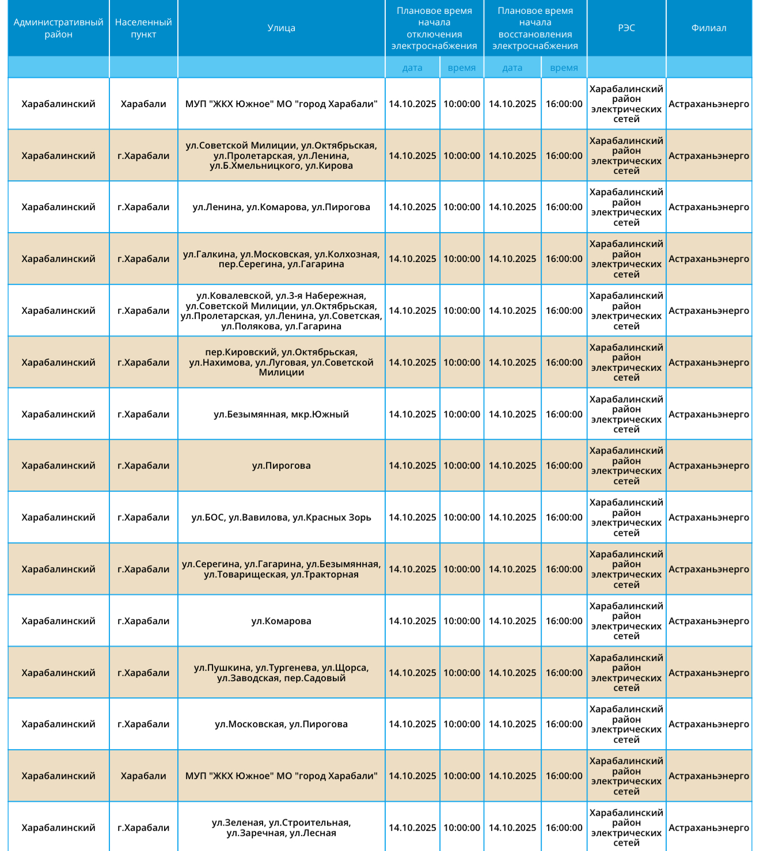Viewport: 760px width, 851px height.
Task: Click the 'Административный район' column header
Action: (x=58, y=28)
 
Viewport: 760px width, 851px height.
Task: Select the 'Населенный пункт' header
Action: (x=143, y=28)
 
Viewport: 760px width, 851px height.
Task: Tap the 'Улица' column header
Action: (x=281, y=28)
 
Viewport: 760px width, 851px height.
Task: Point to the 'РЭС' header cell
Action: (x=626, y=28)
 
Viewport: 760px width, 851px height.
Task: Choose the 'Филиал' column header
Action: (x=709, y=28)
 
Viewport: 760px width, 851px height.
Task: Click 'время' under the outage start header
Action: (x=462, y=68)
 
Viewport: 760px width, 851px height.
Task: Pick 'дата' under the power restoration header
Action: (x=512, y=68)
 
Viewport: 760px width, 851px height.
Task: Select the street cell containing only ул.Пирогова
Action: (x=281, y=466)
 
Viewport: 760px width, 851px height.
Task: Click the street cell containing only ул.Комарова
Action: (x=281, y=621)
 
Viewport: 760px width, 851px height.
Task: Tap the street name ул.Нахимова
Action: (x=221, y=363)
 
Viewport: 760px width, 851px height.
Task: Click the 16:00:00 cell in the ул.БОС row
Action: (x=564, y=518)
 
